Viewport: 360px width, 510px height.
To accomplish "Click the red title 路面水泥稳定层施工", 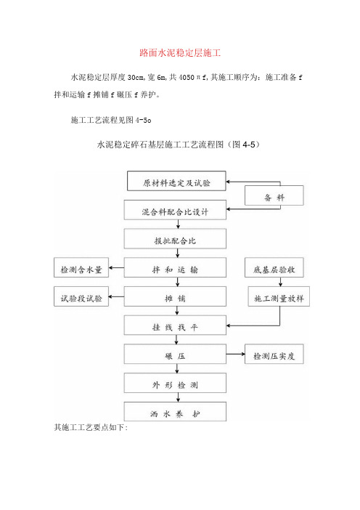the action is pyautogui.click(x=180, y=53).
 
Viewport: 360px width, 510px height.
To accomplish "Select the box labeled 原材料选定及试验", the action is pyautogui.click(x=176, y=181).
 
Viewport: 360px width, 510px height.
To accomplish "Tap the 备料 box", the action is pyautogui.click(x=274, y=195).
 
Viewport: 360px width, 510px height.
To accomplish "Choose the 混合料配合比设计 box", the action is pyautogui.click(x=175, y=210).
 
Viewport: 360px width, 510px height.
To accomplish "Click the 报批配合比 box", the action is pyautogui.click(x=175, y=239).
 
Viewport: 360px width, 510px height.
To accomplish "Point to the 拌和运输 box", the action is pyautogui.click(x=175, y=267).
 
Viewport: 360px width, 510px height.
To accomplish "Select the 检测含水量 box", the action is pyautogui.click(x=81, y=267).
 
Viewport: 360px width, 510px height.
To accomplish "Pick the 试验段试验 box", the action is pyautogui.click(x=81, y=296).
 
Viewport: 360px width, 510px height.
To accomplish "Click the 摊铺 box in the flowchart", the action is pyautogui.click(x=175, y=296).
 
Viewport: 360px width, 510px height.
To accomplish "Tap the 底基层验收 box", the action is pyautogui.click(x=274, y=267).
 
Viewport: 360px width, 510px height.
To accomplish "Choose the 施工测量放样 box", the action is pyautogui.click(x=279, y=296).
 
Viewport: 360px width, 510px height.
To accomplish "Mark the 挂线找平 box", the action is pyautogui.click(x=175, y=325).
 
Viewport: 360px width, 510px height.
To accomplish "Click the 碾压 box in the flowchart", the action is pyautogui.click(x=175, y=354).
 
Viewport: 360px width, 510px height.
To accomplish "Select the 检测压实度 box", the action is pyautogui.click(x=274, y=354).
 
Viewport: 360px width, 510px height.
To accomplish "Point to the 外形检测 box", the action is pyautogui.click(x=175, y=383).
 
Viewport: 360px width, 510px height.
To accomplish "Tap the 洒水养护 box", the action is pyautogui.click(x=175, y=411).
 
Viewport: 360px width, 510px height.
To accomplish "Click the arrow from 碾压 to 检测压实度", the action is pyautogui.click(x=236, y=354).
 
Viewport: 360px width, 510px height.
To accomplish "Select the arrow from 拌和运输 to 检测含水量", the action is pyautogui.click(x=116, y=267).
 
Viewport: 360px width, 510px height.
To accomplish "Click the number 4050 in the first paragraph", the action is pyautogui.click(x=187, y=77).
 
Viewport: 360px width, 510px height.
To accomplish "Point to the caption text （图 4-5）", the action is pyautogui.click(x=243, y=145).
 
